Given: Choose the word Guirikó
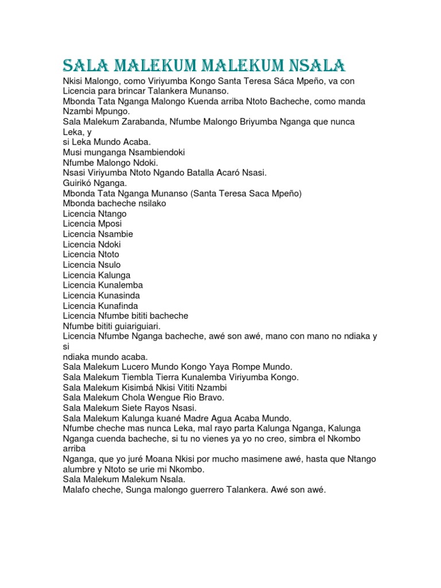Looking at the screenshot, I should click(80, 183).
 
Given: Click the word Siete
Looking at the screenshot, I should click(133, 408).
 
